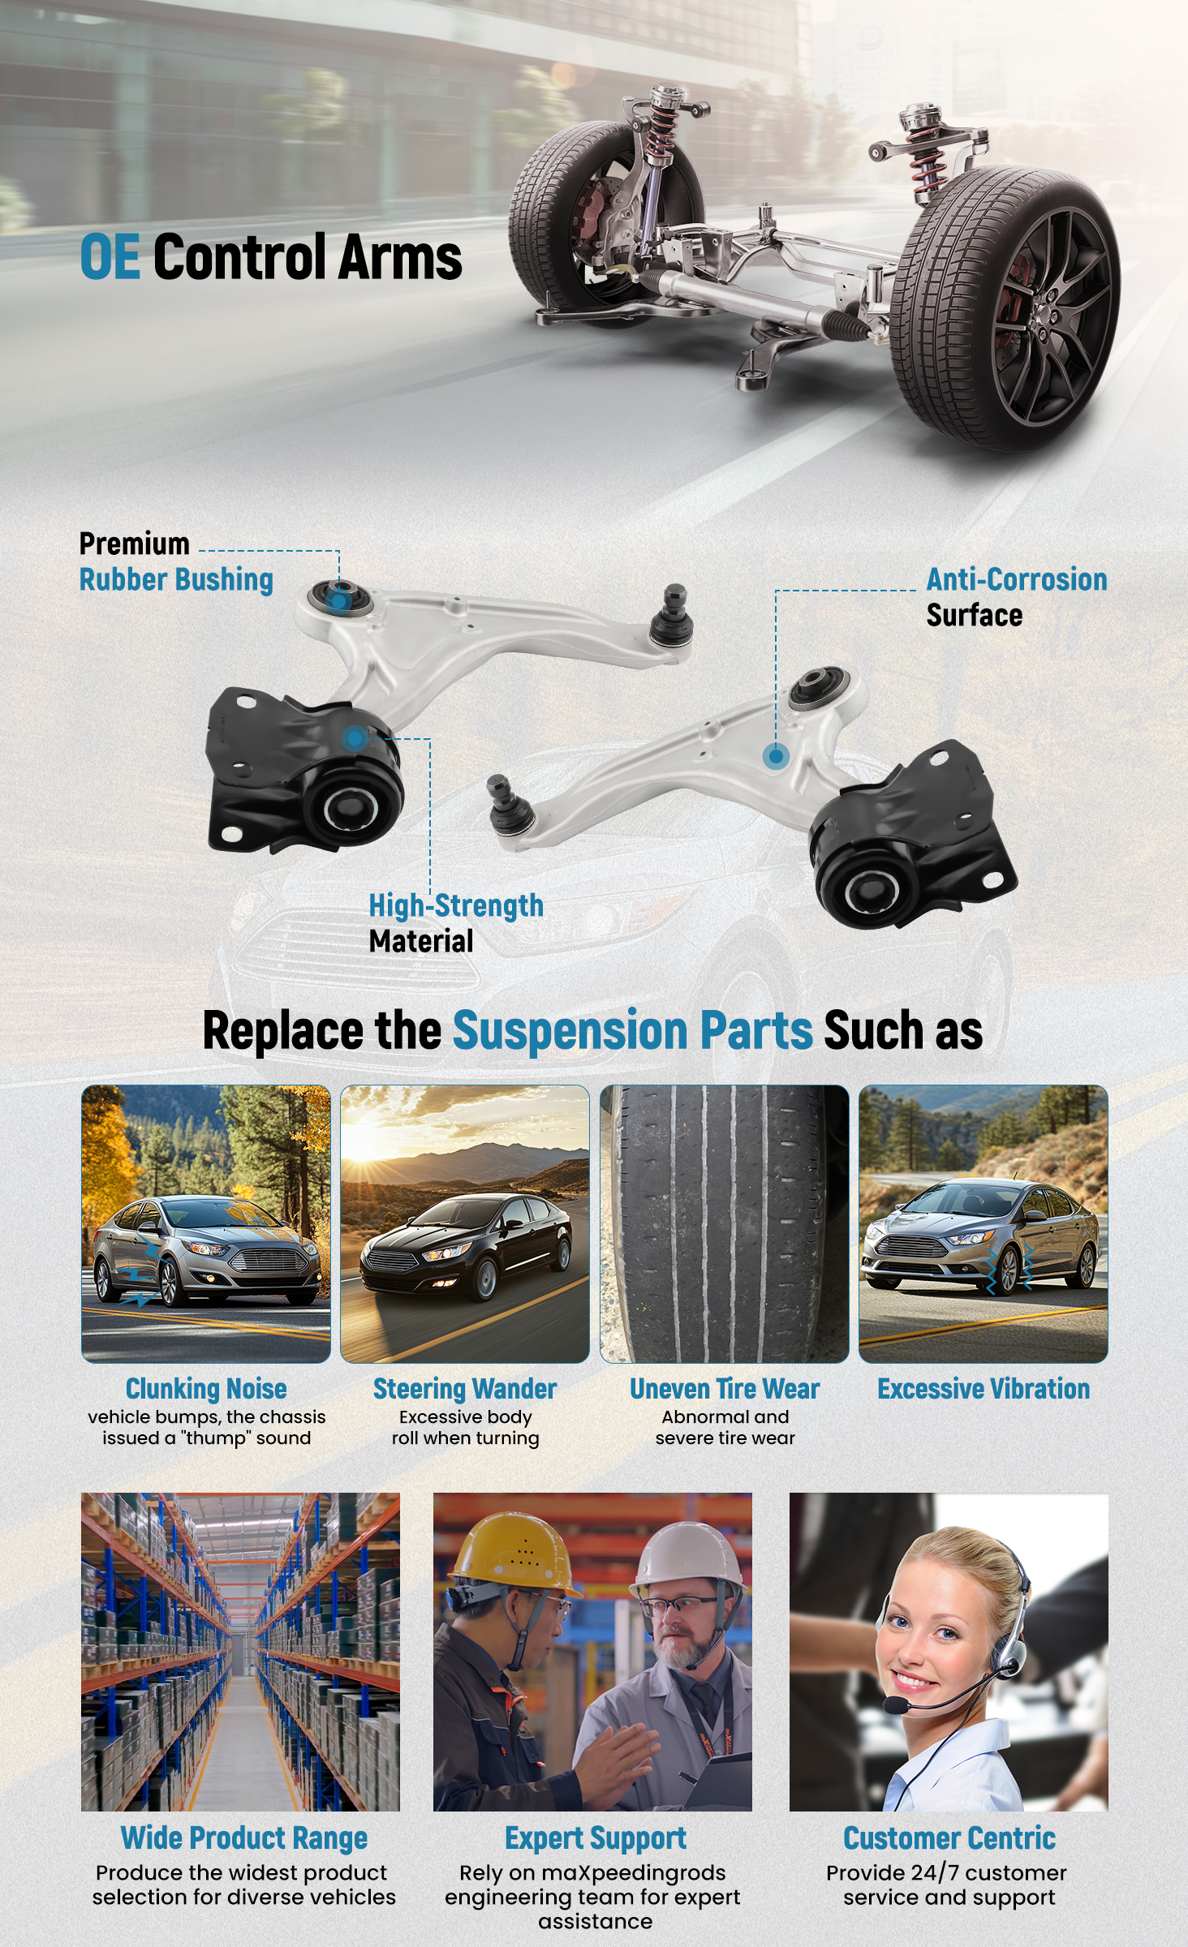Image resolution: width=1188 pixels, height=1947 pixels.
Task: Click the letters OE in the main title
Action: coord(110,257)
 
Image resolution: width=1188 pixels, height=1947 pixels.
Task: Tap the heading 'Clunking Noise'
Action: coord(206,1389)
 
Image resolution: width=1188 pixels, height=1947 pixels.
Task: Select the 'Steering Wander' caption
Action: coord(465,1389)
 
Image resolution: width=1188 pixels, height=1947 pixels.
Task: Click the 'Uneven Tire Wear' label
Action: coord(725,1389)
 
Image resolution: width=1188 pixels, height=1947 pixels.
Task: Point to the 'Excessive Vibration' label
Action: coord(984,1389)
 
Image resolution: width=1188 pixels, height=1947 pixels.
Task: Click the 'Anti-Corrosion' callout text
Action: coord(1017,580)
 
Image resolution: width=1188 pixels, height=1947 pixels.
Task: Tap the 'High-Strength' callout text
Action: coord(456,905)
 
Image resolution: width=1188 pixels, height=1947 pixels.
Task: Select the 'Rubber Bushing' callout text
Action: coord(176,580)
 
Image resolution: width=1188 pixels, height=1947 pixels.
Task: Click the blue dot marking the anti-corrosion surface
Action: coord(776,757)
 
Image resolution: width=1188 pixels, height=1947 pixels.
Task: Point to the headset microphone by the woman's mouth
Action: coord(896,1706)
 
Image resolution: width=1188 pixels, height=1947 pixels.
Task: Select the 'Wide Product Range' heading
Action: coord(244,1838)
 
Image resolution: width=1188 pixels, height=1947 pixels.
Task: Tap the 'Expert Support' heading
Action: coord(596,1838)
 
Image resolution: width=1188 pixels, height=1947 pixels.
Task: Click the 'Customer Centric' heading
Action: coord(949,1838)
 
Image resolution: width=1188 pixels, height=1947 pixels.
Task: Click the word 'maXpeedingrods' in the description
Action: coord(633,1873)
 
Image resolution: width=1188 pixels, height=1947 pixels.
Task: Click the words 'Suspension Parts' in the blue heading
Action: coord(632,1030)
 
